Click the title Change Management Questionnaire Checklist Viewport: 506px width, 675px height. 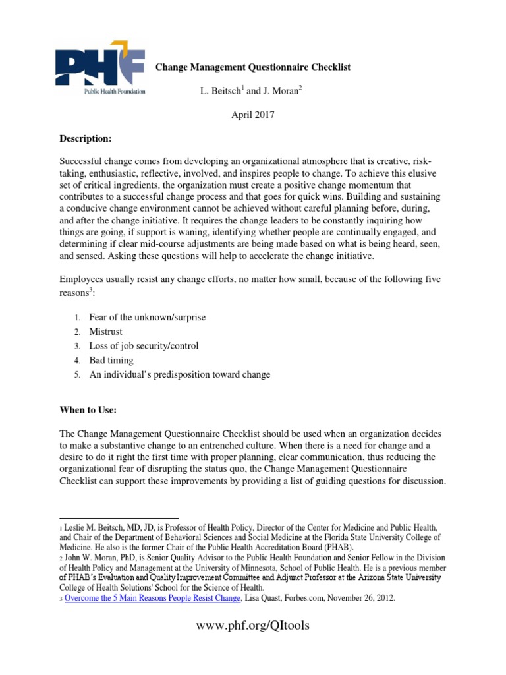click(252, 67)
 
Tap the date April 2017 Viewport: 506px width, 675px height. click(252, 114)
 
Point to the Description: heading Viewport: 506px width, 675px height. click(86, 140)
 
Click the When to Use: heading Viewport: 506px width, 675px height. click(88, 410)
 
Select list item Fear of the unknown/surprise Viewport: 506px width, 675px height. click(148, 317)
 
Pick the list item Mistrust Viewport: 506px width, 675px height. click(106, 332)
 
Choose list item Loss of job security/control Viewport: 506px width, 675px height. click(144, 346)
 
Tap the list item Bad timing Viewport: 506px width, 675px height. click(111, 361)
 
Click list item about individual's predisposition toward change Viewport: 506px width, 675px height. click(180, 374)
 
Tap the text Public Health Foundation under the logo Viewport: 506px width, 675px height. click(114, 92)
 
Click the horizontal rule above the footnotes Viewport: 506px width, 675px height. click(119, 518)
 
